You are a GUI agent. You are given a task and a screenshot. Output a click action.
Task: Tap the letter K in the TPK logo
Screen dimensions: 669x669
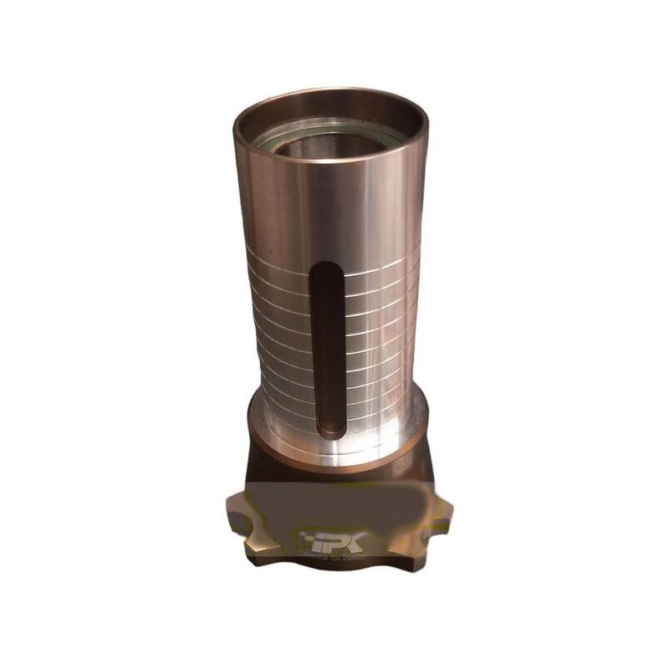[351, 542]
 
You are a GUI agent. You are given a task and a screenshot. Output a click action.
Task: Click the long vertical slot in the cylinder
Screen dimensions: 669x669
[328, 351]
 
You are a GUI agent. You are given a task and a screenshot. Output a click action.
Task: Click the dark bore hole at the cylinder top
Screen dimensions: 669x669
[326, 146]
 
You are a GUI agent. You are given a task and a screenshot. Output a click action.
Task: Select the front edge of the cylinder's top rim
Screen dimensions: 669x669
[330, 159]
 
